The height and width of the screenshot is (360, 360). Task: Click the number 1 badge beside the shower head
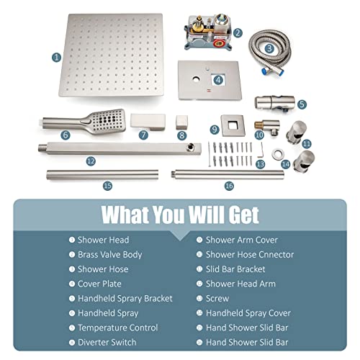tap(57, 58)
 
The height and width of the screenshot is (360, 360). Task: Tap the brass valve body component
tap(209, 32)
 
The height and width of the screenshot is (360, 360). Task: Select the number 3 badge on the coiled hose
tap(269, 49)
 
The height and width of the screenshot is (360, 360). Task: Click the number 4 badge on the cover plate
tap(218, 80)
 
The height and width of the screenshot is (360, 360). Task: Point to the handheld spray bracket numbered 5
tap(274, 103)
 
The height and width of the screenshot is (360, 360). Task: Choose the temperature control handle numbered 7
tap(148, 122)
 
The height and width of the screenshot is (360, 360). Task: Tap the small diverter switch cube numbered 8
tap(181, 122)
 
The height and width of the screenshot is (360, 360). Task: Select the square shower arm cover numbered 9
tap(233, 125)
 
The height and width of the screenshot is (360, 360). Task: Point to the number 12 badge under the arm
tap(91, 161)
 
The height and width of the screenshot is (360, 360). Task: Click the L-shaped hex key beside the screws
tap(262, 149)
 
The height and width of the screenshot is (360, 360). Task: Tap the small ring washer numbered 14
tap(278, 154)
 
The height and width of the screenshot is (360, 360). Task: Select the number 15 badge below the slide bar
tap(107, 186)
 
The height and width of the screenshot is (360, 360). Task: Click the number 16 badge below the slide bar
tap(229, 186)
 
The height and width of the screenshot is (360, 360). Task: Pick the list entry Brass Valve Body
tap(109, 255)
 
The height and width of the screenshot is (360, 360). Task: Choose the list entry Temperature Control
tap(118, 328)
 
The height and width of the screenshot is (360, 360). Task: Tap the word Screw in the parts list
tap(217, 298)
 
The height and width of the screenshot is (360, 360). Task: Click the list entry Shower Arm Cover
tap(242, 240)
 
